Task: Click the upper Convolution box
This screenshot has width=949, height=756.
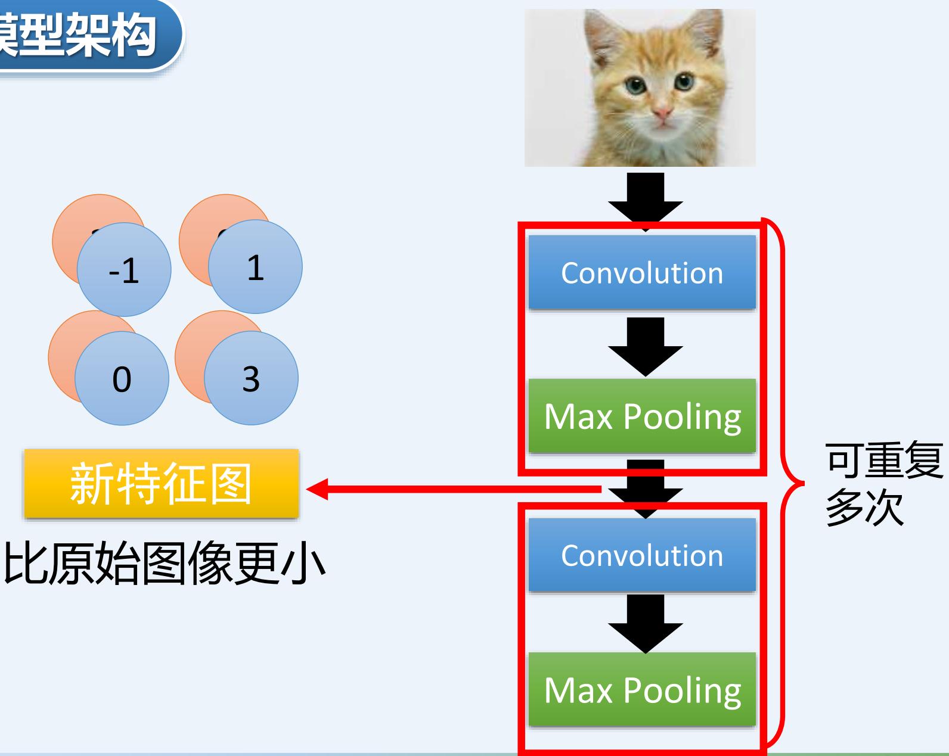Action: click(642, 273)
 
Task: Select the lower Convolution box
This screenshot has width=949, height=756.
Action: click(642, 555)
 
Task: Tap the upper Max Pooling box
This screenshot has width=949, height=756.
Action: click(642, 416)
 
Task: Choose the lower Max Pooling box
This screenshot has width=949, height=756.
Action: click(642, 690)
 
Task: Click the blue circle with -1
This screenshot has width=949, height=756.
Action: click(124, 270)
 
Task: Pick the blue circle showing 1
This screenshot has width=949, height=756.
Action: click(255, 267)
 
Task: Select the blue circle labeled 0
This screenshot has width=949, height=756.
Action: click(122, 378)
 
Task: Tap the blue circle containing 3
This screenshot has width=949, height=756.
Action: click(251, 378)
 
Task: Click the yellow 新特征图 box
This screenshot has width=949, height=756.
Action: click(161, 483)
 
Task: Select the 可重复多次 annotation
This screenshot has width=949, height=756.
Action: click(882, 484)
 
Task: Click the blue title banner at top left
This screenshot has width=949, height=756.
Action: click(83, 35)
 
